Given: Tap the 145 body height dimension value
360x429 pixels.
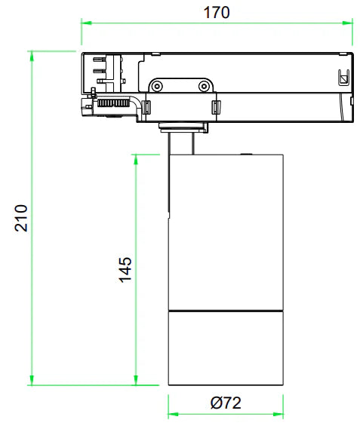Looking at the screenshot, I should coord(125,269).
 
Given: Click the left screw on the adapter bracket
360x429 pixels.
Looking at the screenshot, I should coord(157,87).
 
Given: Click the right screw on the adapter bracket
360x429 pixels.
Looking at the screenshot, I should coord(203,87).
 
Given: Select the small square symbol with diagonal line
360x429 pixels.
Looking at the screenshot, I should coord(342,76).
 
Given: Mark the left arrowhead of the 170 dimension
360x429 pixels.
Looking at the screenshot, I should coord(86,23).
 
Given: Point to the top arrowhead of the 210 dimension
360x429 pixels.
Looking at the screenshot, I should coord(32,56).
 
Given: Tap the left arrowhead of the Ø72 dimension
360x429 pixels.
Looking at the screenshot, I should coord(172,414).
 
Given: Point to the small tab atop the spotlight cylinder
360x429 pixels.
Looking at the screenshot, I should coord(245,154).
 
